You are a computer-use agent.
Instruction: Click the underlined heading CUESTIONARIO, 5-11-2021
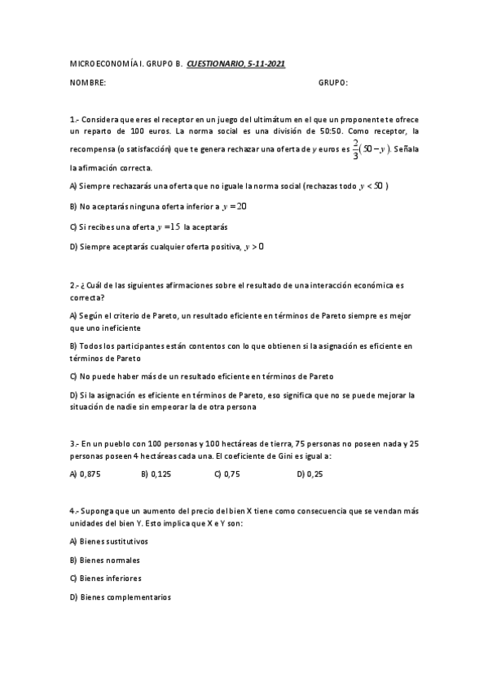click(x=236, y=63)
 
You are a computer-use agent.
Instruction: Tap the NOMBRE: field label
click(x=88, y=83)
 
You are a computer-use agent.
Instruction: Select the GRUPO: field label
click(x=333, y=83)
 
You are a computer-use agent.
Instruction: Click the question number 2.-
click(x=74, y=286)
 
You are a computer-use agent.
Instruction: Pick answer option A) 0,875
click(x=86, y=473)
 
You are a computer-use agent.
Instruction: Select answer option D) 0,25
click(x=310, y=473)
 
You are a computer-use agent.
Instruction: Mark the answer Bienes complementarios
click(x=121, y=597)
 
